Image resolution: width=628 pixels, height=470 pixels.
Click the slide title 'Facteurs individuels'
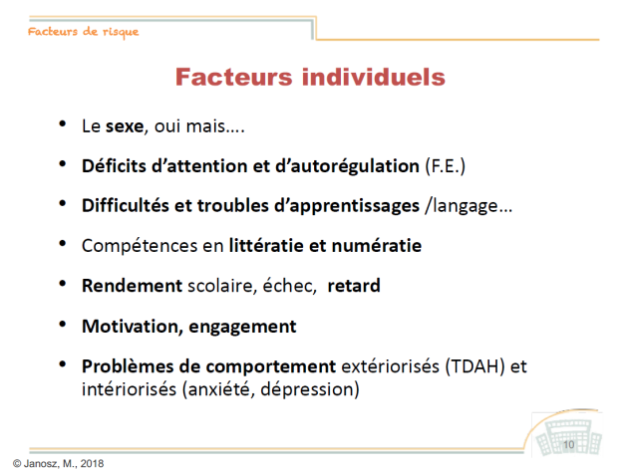tap(310, 77)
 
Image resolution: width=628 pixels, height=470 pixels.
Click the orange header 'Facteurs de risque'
tap(84, 32)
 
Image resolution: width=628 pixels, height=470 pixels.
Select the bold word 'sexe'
tap(125, 126)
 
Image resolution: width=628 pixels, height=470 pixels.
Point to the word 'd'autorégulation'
tap(347, 166)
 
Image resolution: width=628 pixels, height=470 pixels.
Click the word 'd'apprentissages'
tap(347, 206)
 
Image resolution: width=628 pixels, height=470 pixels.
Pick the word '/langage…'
tap(469, 206)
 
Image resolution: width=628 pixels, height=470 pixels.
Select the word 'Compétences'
tap(140, 246)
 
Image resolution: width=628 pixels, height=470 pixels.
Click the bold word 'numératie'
tap(377, 246)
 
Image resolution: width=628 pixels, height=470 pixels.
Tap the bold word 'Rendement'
tap(133, 286)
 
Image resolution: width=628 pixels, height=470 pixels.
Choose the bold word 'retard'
tap(354, 286)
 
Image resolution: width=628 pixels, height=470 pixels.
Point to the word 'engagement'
tap(242, 328)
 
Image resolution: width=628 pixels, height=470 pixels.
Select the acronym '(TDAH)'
tap(474, 366)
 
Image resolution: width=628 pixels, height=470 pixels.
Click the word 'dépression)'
tap(310, 389)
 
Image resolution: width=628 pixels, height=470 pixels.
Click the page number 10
tap(569, 445)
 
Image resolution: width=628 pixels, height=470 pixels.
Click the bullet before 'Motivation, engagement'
tap(63, 324)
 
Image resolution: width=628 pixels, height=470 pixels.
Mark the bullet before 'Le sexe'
tap(63, 123)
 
